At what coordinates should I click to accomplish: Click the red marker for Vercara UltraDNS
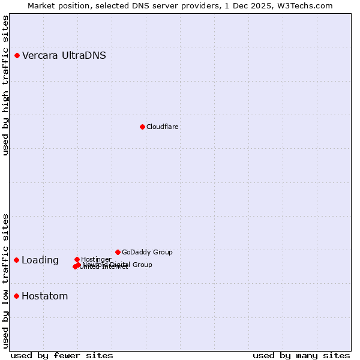pos(17,56)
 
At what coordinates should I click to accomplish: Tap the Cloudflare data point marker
pos(142,127)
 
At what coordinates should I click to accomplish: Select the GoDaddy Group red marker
pos(118,252)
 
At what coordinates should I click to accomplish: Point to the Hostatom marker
pos(17,296)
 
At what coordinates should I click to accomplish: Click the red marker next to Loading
pos(17,260)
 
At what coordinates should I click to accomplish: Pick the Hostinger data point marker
pos(77,259)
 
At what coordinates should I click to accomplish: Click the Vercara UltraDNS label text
pos(64,56)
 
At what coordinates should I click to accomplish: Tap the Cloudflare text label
pos(163,127)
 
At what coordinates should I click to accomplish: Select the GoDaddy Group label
pos(147,252)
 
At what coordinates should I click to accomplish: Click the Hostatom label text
pos(45,296)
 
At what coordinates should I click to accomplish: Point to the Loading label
pos(40,260)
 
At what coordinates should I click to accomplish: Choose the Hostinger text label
pos(96,259)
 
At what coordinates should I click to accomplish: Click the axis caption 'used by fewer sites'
pos(62,355)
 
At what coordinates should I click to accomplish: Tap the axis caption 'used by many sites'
pos(301,355)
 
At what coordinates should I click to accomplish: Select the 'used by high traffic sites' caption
pos(5,85)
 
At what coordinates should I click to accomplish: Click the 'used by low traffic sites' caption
pos(5,280)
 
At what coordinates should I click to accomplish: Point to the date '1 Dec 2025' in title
pos(256,5)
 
